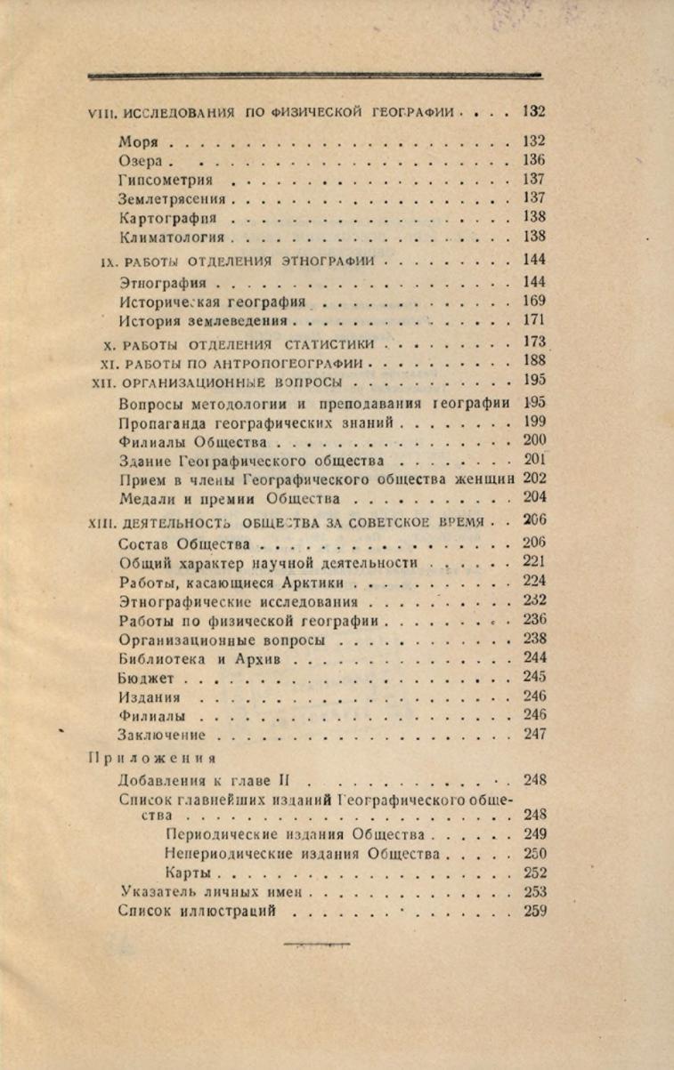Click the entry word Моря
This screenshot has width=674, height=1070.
point(137,141)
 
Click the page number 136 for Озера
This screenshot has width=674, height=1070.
point(534,160)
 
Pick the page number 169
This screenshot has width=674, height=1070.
point(534,301)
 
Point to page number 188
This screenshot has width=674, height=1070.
point(534,360)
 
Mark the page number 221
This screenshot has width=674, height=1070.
point(534,562)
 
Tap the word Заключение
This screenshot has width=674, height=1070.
point(161,735)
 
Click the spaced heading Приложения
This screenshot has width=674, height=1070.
point(152,759)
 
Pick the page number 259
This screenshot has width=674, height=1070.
point(534,911)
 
